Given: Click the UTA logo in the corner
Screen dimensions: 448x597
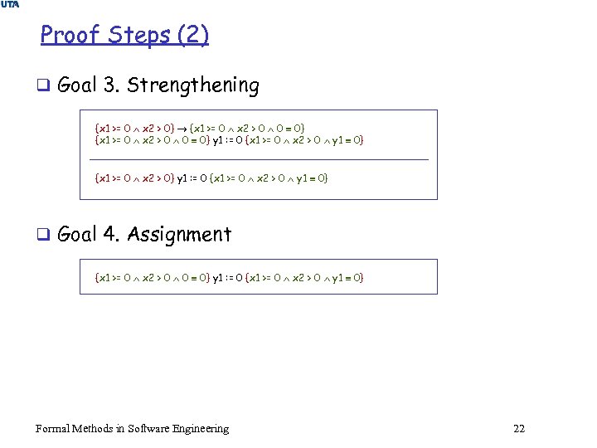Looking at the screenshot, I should [10, 5].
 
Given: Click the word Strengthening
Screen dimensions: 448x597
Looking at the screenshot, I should [193, 85].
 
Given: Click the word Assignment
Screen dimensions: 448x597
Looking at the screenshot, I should [179, 235].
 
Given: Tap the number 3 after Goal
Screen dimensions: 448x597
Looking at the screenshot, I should [109, 85].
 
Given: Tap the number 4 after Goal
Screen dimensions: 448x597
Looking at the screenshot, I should [109, 235].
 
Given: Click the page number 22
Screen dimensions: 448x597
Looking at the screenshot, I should [519, 428].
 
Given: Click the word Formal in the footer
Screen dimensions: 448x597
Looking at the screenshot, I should [52, 428].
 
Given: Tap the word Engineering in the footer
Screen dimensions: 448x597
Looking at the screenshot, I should [201, 428].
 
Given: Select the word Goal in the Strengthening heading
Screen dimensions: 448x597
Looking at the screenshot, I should [78, 85].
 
